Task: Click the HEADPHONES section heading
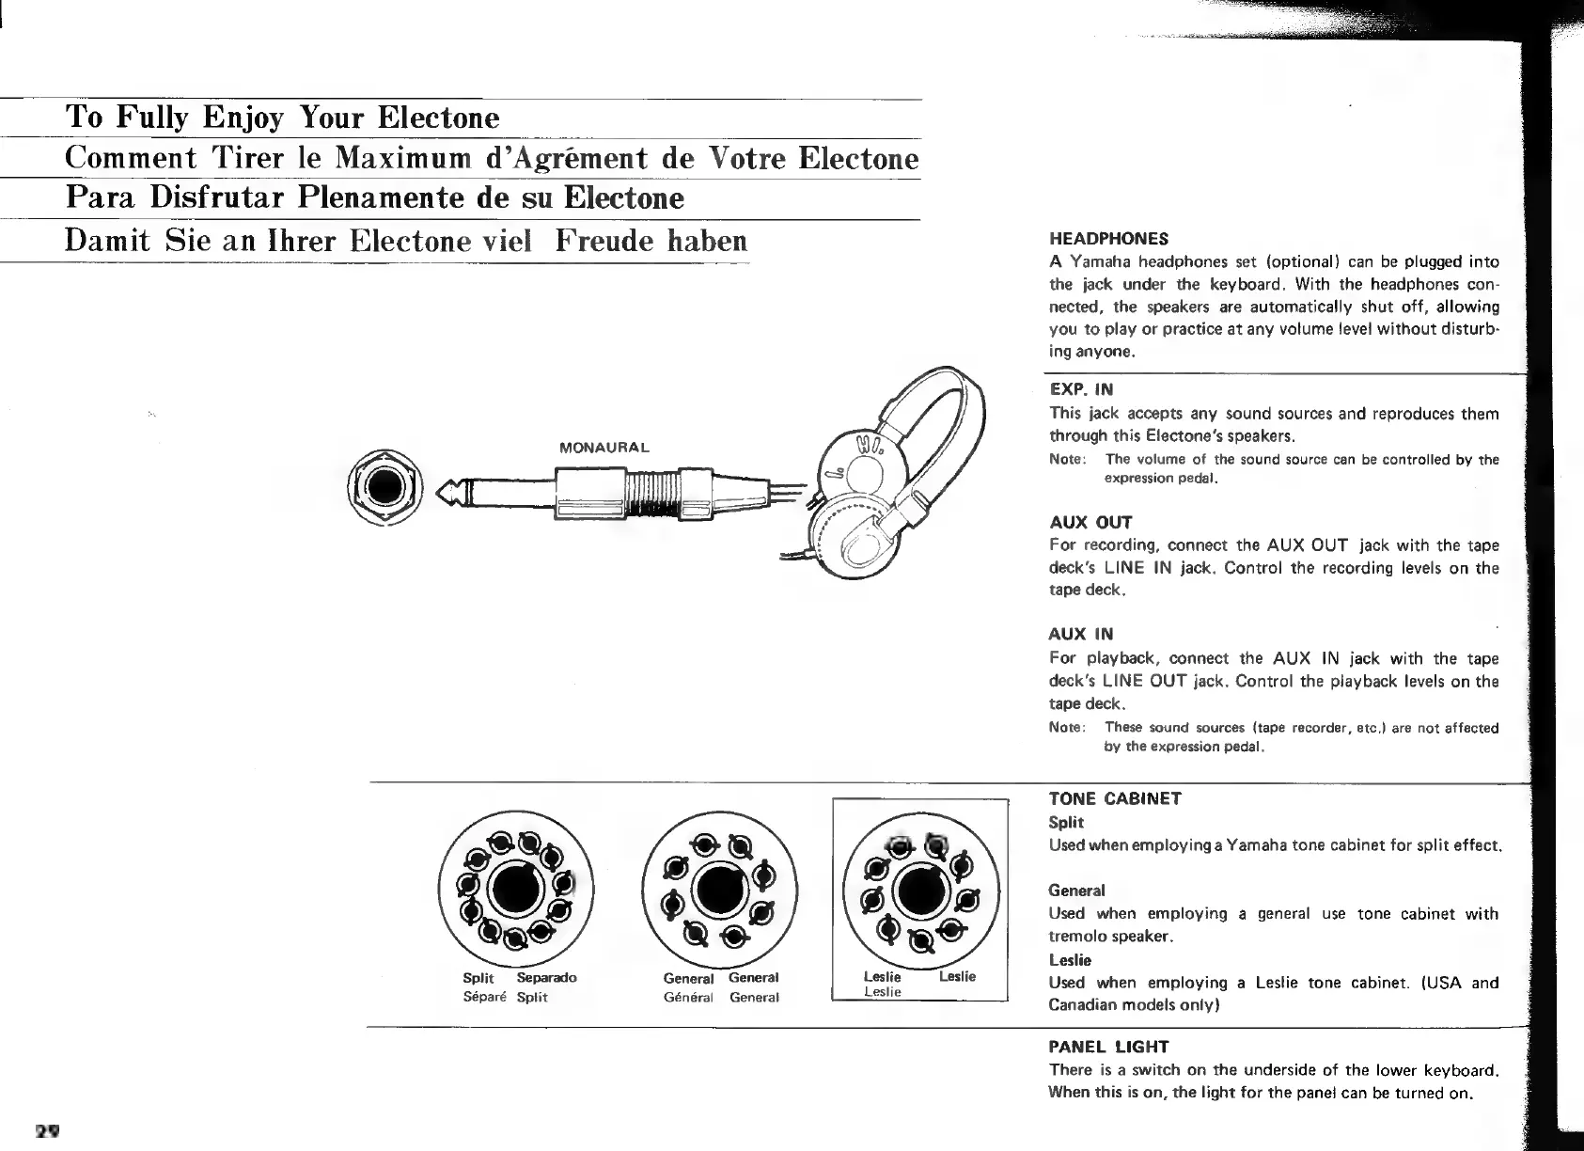pyautogui.click(x=1108, y=238)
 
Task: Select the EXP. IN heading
pyautogui.click(x=1081, y=388)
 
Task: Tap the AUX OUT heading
pyautogui.click(x=1090, y=522)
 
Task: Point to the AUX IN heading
pyautogui.click(x=1081, y=635)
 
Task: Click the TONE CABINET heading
pyautogui.click(x=1115, y=799)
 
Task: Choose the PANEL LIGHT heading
pyautogui.click(x=1108, y=1047)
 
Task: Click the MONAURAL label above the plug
pyautogui.click(x=604, y=447)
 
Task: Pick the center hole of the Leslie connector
pyautogui.click(x=919, y=890)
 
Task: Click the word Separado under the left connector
pyautogui.click(x=546, y=977)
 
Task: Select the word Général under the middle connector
pyautogui.click(x=688, y=997)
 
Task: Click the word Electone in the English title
pyautogui.click(x=438, y=118)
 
